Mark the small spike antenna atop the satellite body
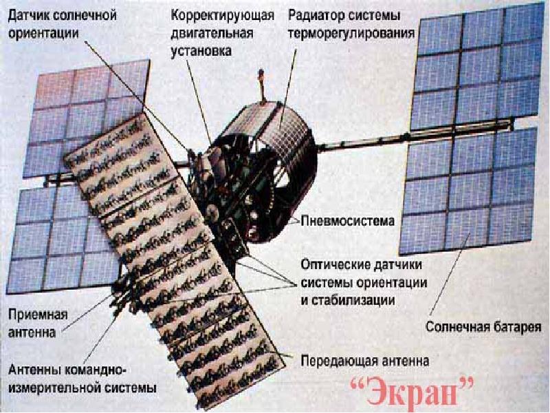pyautogui.click(x=261, y=92)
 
